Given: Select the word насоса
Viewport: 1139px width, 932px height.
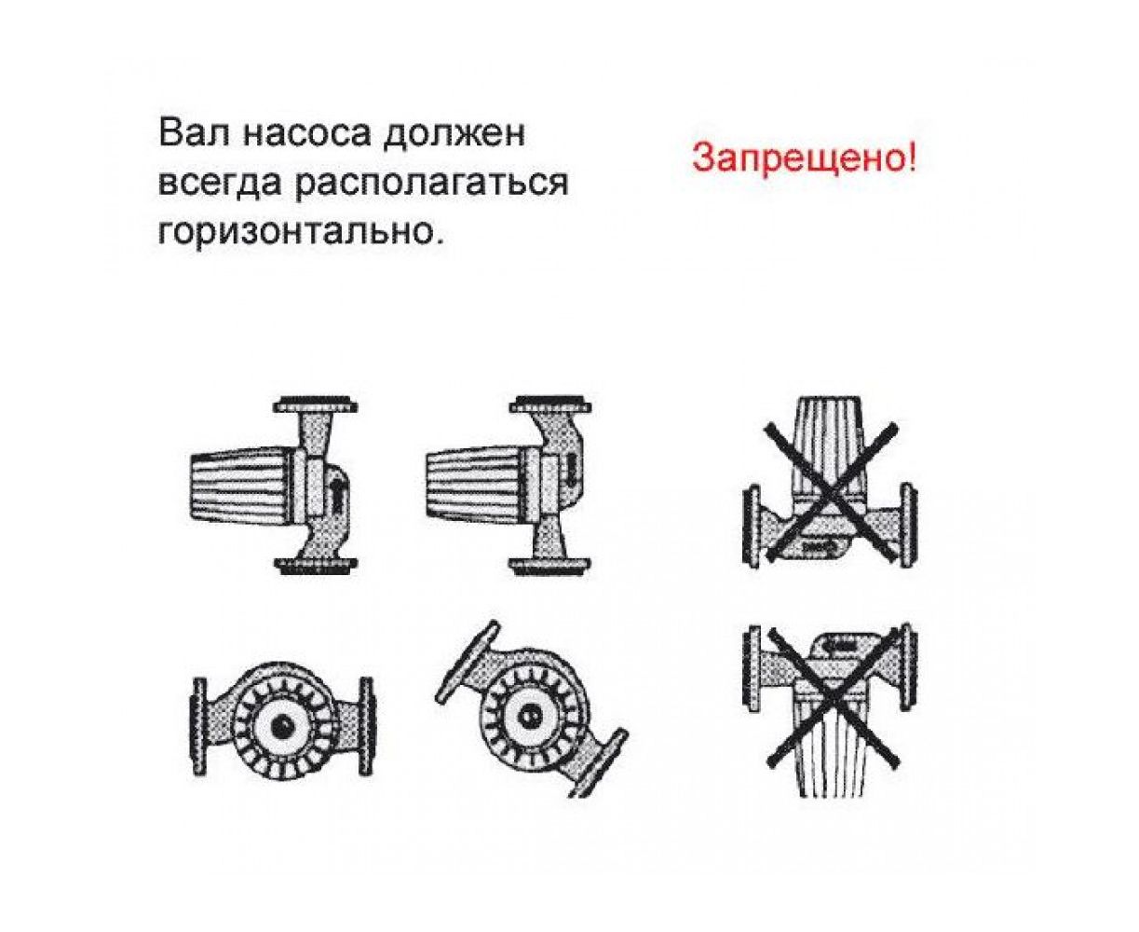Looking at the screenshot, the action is (306, 135).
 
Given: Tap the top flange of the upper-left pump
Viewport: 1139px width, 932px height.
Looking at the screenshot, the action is (316, 405).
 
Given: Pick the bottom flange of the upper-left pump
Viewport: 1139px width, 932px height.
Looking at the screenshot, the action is (316, 566).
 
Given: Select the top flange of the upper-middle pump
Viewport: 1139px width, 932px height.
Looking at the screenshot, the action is (550, 404).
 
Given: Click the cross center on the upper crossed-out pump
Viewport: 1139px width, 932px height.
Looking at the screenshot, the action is (830, 493).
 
